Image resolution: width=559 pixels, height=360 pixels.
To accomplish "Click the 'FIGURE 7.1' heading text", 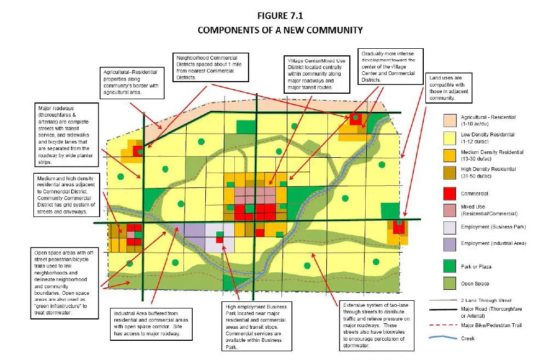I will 279,16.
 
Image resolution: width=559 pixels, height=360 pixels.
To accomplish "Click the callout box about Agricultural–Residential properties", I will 132,83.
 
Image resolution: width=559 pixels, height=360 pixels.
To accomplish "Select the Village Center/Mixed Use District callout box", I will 312,74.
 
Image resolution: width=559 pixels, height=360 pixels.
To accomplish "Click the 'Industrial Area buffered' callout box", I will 151,324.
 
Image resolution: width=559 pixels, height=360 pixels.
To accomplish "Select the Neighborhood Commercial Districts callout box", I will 211,66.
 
